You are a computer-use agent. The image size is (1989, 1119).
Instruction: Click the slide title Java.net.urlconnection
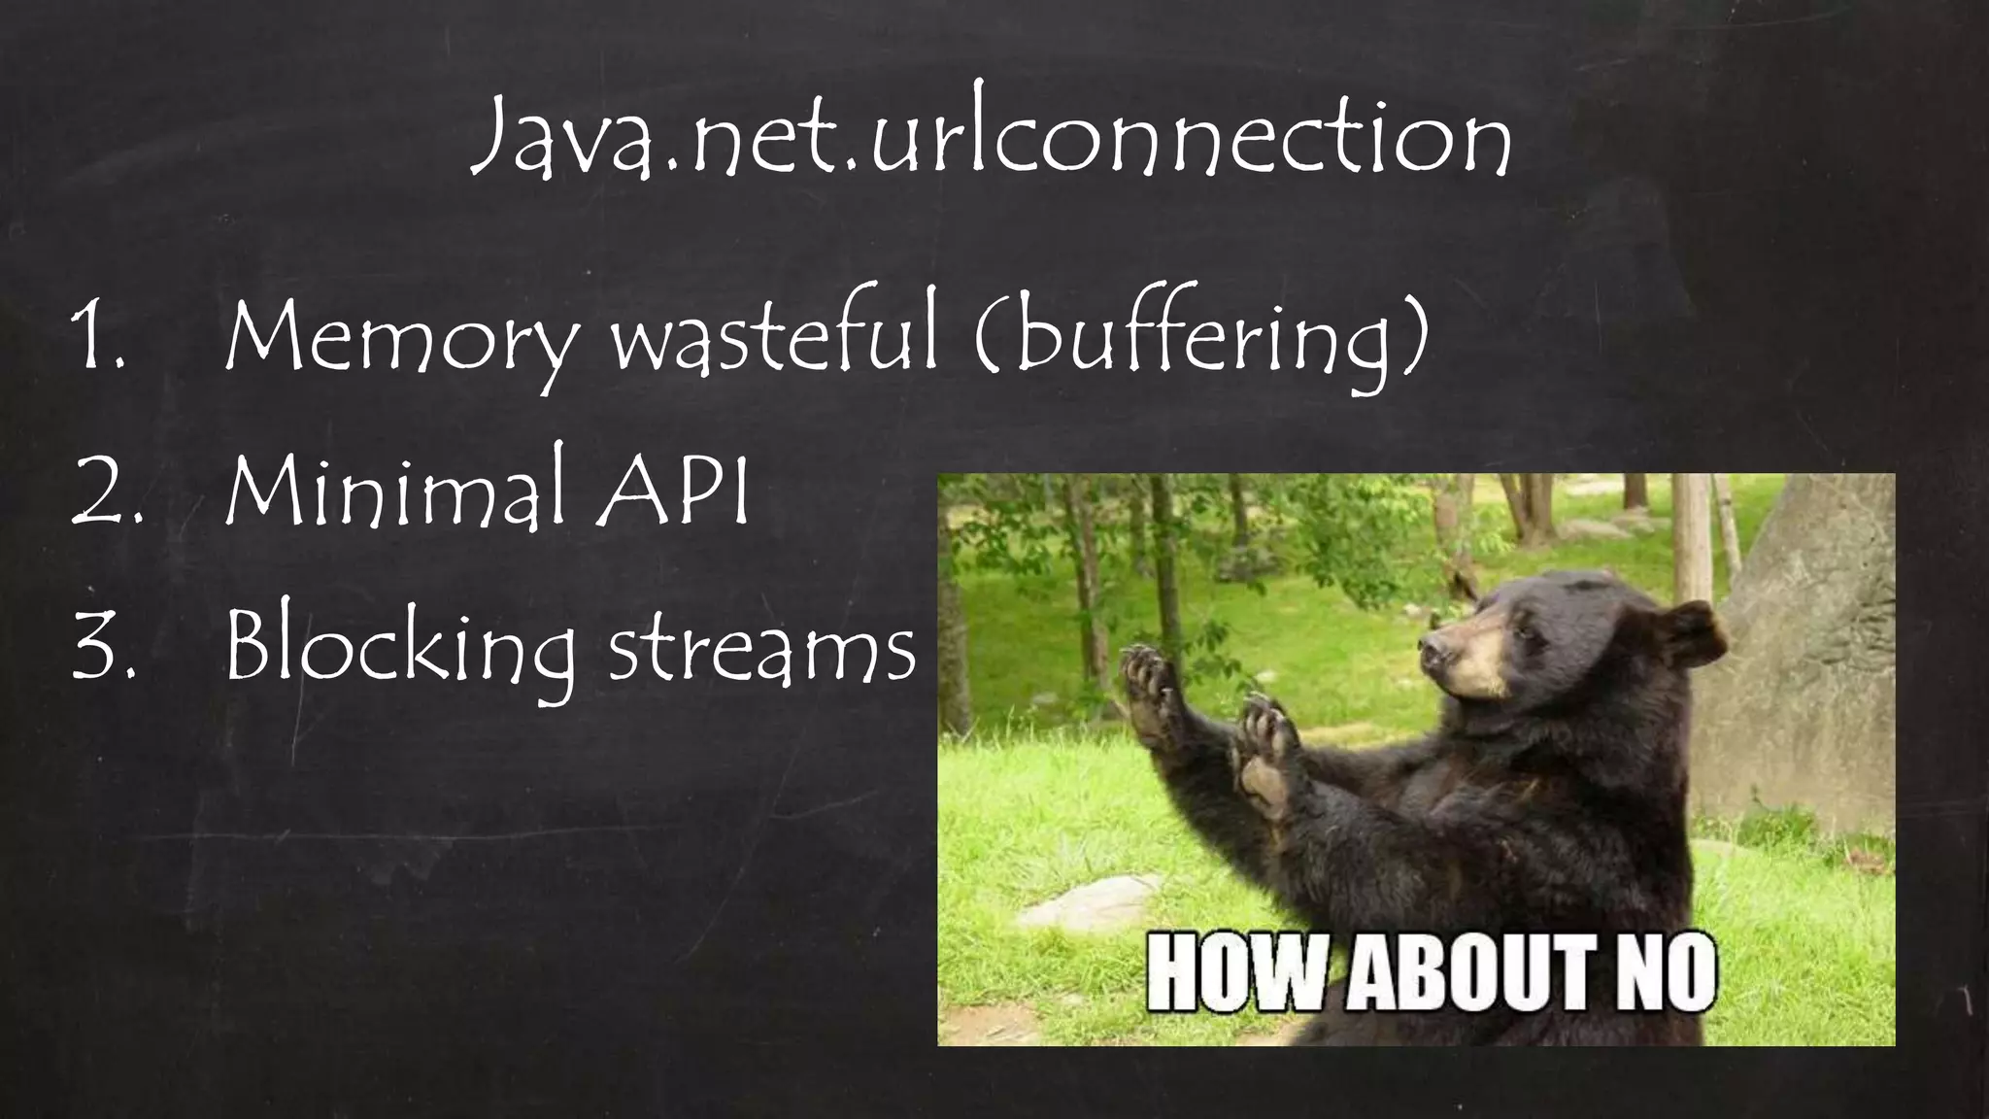(x=991, y=142)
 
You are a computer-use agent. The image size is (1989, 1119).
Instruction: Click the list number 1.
(x=97, y=340)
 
